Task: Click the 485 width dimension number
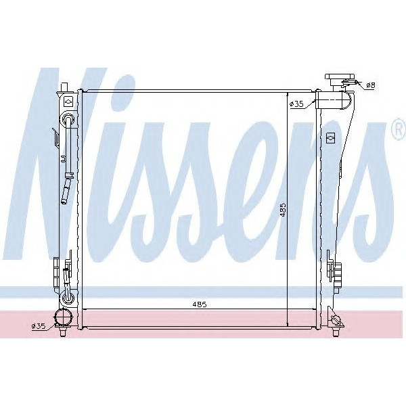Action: [x=199, y=304]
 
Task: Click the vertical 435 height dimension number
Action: [x=284, y=212]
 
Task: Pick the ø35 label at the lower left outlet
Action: [x=38, y=325]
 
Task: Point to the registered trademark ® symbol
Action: [x=398, y=133]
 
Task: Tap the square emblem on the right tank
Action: [x=330, y=137]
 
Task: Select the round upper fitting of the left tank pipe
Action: [x=67, y=120]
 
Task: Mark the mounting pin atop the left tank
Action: [x=63, y=86]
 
